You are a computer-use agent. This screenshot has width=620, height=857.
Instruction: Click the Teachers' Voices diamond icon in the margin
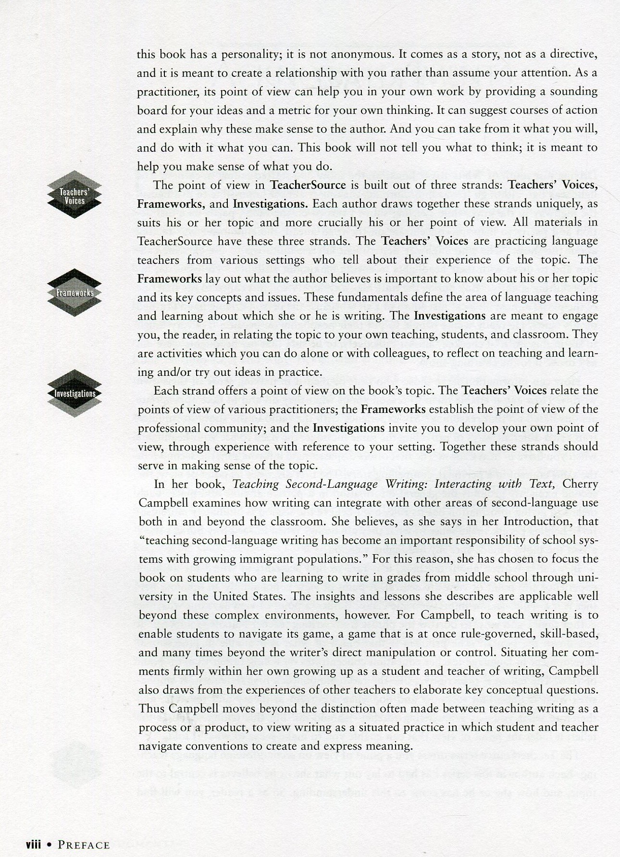[x=74, y=195]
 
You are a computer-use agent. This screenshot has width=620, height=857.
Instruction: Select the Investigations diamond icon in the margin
[x=74, y=393]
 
